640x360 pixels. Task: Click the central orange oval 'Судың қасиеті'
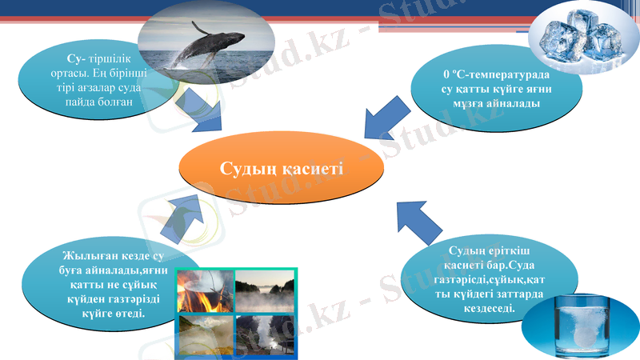coord(282,169)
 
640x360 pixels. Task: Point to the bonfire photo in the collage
coord(205,291)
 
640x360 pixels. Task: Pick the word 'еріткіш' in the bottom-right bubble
coord(505,251)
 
